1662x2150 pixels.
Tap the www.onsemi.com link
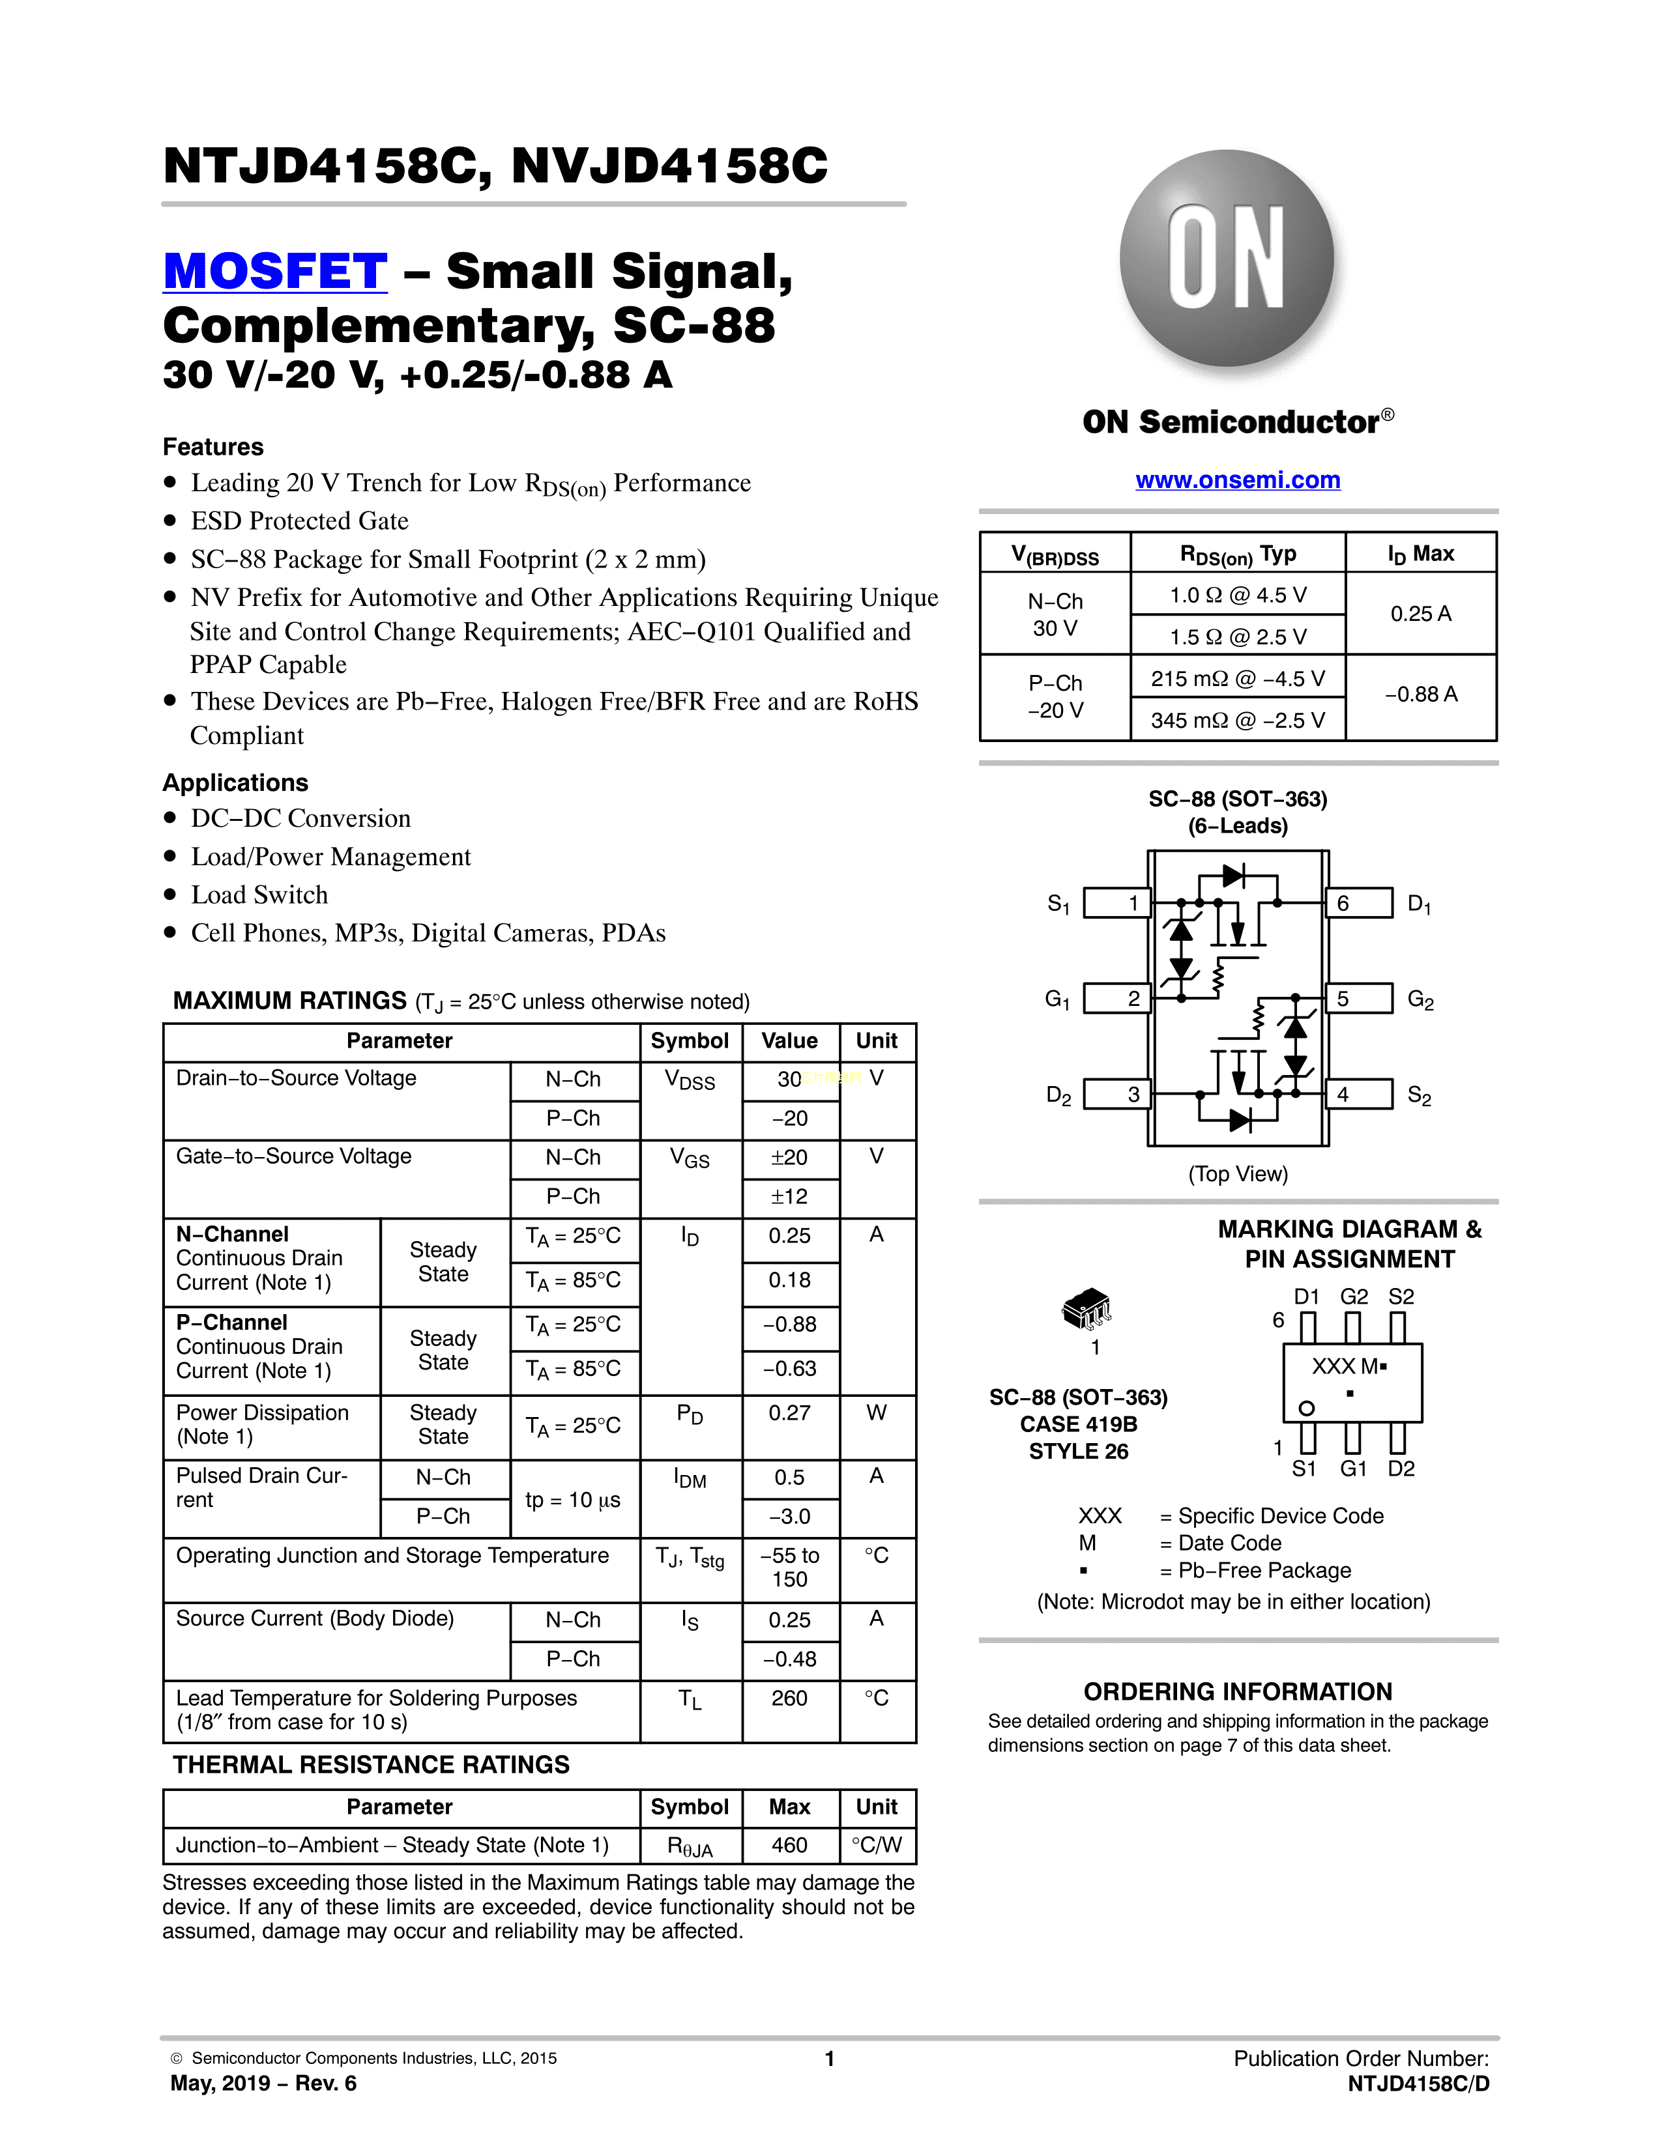pyautogui.click(x=1238, y=480)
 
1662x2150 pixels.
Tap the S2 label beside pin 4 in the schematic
pyautogui.click(x=1419, y=1096)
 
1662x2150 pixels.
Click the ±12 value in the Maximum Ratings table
pyautogui.click(x=790, y=1197)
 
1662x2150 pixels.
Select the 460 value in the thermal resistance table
pyautogui.click(x=790, y=1846)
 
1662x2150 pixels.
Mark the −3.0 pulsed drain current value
pyautogui.click(x=790, y=1517)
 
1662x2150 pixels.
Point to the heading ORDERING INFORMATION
pyautogui.click(x=1238, y=1692)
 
